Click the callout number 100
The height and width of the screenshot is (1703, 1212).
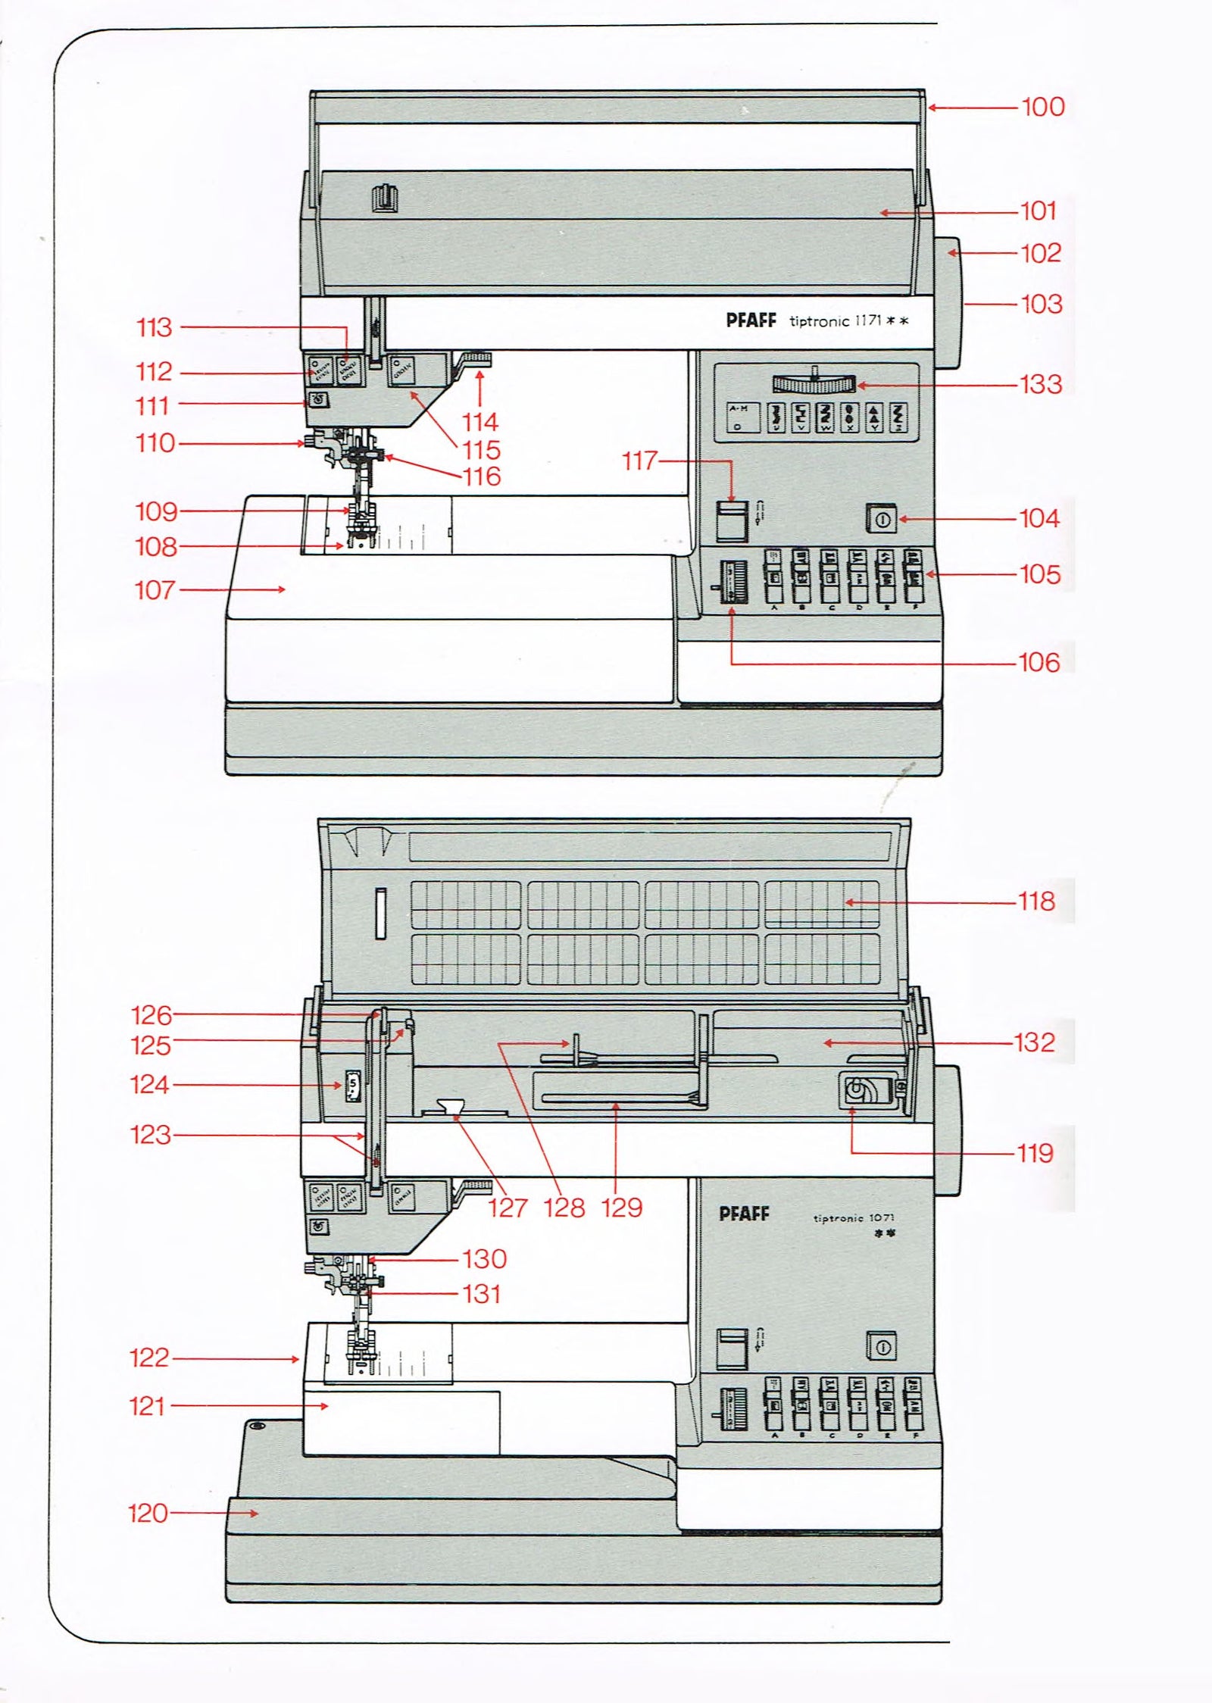click(x=1043, y=107)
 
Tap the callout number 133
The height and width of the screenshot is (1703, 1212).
click(x=1041, y=384)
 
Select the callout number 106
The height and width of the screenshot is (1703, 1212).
click(x=1039, y=663)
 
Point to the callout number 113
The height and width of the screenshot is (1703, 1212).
click(x=155, y=328)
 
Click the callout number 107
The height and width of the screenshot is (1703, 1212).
click(x=155, y=590)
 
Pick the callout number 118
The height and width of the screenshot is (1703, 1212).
click(x=1037, y=901)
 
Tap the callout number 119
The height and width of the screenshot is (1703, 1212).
click(x=1035, y=1153)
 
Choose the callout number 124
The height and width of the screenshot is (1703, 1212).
click(x=149, y=1085)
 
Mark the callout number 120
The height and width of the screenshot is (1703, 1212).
click(x=148, y=1513)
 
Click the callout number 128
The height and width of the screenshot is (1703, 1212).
click(x=564, y=1207)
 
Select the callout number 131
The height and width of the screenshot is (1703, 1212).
click(x=481, y=1293)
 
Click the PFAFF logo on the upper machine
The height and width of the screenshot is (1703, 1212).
click(x=751, y=320)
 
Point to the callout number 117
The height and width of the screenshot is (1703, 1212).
click(x=640, y=461)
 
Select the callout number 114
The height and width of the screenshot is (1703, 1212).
click(x=480, y=422)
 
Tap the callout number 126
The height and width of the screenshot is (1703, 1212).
click(x=151, y=1014)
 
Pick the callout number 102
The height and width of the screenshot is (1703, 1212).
click(x=1042, y=253)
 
